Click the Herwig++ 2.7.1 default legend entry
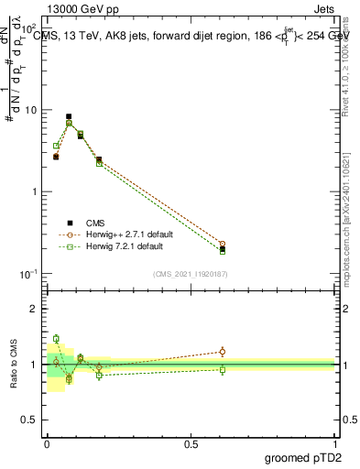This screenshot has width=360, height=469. click(125, 234)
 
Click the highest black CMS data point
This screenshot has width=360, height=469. click(69, 116)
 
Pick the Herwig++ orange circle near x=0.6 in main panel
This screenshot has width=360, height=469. click(223, 245)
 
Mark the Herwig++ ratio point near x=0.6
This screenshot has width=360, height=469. click(223, 351)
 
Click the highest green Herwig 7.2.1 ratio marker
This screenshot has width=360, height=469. click(56, 339)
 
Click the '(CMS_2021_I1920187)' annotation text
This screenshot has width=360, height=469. click(191, 273)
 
